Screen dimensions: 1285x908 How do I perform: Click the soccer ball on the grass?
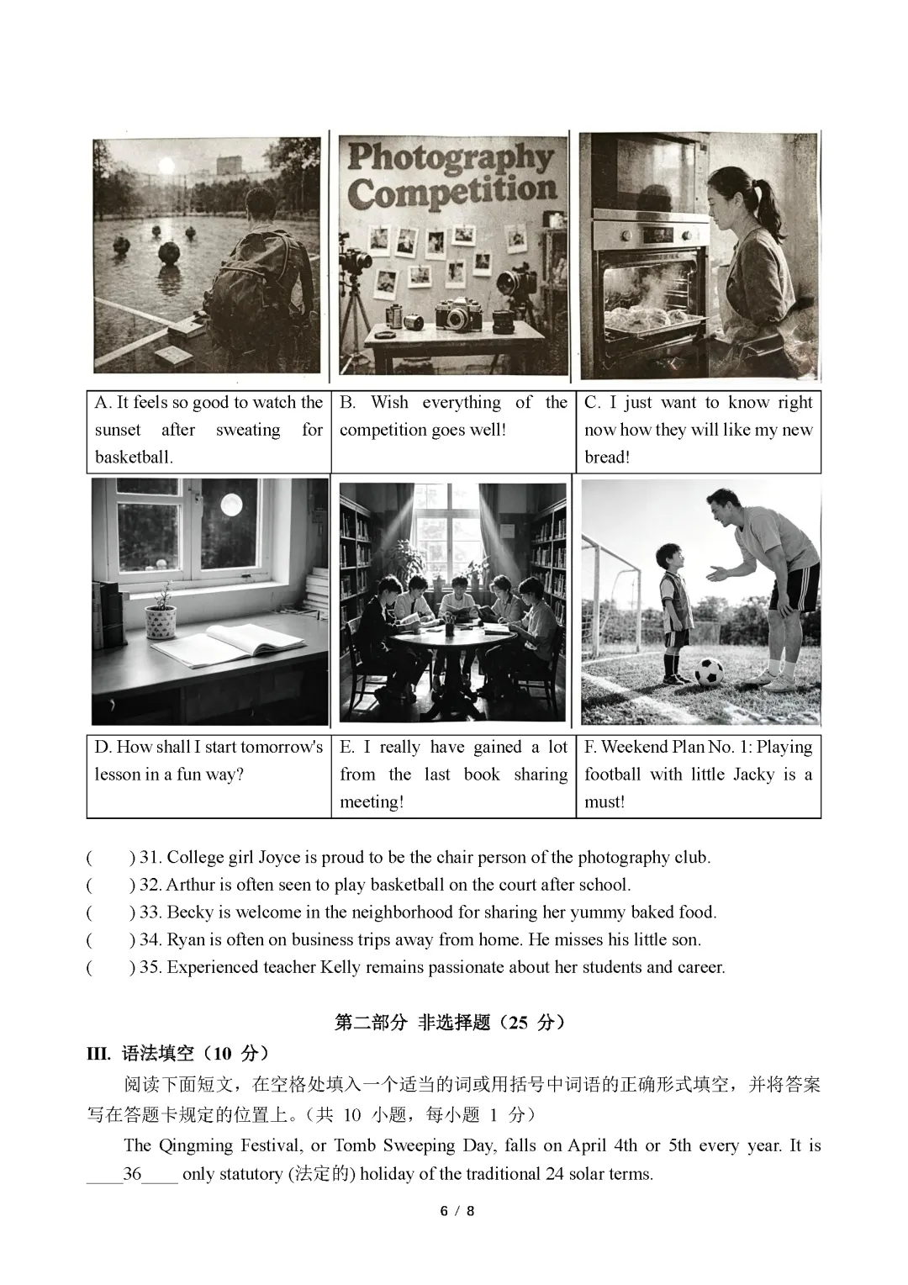709,671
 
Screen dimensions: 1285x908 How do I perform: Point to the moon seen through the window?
230,505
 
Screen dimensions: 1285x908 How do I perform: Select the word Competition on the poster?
451,192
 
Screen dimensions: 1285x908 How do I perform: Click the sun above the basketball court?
166,166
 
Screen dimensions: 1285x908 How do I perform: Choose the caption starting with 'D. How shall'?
208,760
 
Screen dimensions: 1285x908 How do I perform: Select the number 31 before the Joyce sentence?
150,858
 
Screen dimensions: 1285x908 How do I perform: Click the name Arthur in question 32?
190,885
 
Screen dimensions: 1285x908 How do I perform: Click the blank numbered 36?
132,1174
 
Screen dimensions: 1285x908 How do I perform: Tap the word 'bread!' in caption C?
607,457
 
